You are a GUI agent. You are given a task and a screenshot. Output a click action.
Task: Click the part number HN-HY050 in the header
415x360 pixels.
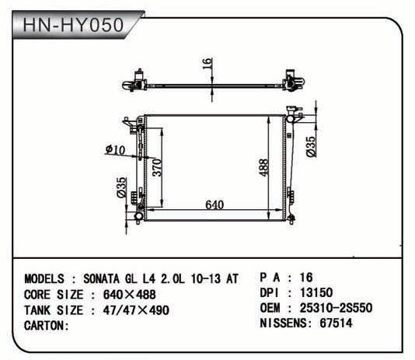tap(73, 25)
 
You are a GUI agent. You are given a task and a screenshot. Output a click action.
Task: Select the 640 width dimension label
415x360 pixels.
tap(214, 204)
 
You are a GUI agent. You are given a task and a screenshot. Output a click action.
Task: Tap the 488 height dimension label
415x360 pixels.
tap(263, 167)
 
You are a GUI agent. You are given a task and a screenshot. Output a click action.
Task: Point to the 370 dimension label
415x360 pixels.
tap(157, 167)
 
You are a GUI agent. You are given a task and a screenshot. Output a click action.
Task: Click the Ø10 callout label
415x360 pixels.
tap(115, 150)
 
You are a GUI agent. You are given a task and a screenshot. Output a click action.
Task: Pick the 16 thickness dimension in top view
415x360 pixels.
tap(207, 64)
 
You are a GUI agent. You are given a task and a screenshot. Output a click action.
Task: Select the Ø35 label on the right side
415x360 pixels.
tap(311, 147)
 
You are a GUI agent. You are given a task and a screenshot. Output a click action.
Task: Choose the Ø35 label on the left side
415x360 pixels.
tap(122, 187)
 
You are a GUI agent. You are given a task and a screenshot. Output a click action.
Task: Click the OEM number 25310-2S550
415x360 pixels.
tap(337, 308)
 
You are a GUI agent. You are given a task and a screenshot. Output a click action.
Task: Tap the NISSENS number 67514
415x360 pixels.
tap(337, 323)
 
